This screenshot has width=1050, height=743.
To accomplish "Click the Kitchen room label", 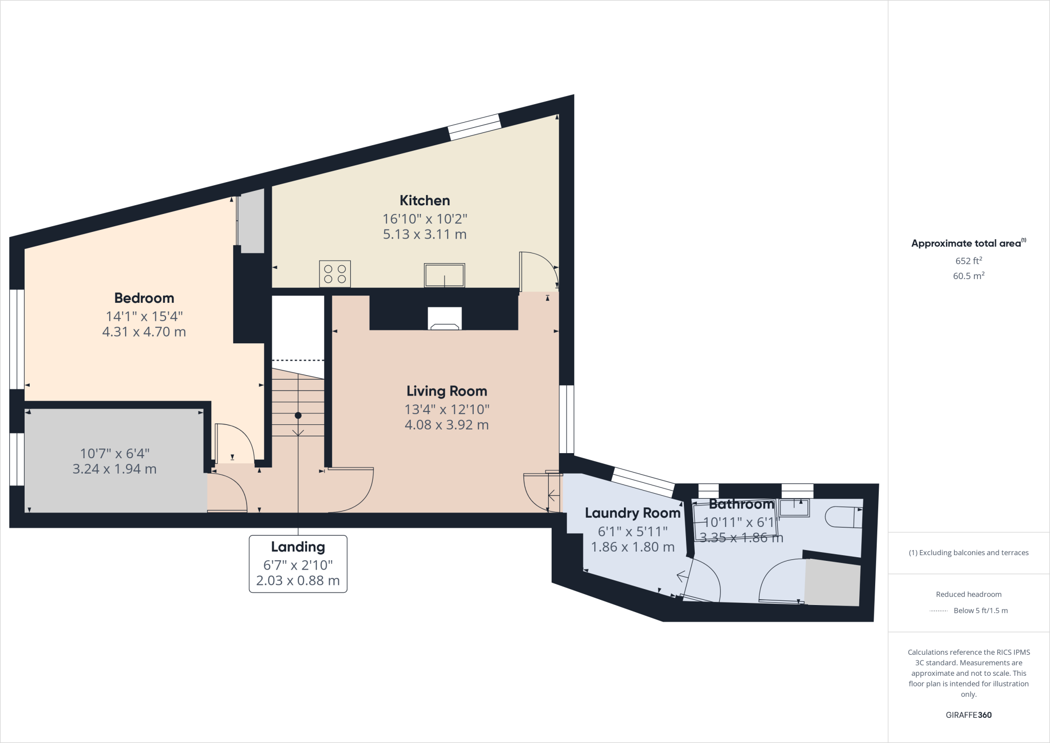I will tap(425, 201).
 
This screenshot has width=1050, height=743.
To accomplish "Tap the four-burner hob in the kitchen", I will tap(335, 273).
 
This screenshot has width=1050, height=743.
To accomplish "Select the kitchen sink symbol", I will tap(444, 275).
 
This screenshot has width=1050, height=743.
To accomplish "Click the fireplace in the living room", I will tap(445, 319).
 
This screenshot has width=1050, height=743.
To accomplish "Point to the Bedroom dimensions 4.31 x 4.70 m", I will tap(144, 332).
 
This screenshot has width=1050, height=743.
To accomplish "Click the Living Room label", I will tap(447, 391).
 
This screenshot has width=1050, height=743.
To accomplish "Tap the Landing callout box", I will tap(298, 563).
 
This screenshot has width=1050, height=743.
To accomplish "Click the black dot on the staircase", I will tap(298, 416).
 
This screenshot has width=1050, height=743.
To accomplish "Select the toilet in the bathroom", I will tap(843, 517).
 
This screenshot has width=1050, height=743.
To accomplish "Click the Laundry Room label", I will tap(632, 513).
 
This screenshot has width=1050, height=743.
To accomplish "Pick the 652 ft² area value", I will tap(968, 261).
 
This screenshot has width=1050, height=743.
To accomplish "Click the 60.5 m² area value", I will tap(968, 276).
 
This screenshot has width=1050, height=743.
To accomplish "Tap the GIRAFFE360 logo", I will tap(968, 715).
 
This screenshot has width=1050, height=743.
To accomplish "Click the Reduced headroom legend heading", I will tap(968, 594).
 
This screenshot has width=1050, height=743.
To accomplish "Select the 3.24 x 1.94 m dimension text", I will tap(114, 469).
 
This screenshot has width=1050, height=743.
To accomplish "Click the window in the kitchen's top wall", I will tap(474, 127).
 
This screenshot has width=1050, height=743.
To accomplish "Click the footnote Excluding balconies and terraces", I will tap(968, 553).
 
